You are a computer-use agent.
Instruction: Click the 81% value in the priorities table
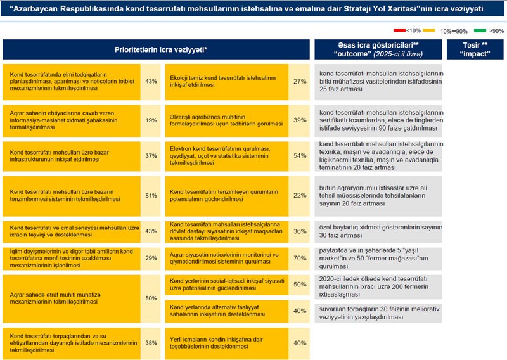click(x=151, y=196)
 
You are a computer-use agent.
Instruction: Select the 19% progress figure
click(x=151, y=120)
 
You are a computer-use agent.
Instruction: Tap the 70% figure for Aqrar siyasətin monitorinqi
click(x=300, y=259)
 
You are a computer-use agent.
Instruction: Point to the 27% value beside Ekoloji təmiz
click(x=300, y=82)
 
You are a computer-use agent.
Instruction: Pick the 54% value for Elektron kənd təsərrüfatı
click(x=300, y=155)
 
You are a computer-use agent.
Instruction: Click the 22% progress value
click(x=300, y=196)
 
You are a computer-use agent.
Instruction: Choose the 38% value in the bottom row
click(x=151, y=343)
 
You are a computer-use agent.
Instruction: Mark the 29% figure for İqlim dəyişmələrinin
click(x=151, y=259)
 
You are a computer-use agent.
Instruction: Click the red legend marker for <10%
click(x=399, y=30)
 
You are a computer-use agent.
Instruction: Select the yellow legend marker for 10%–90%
click(x=429, y=30)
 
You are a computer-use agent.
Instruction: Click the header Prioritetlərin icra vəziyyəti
click(x=160, y=49)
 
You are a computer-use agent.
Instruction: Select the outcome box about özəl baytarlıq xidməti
click(x=378, y=230)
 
